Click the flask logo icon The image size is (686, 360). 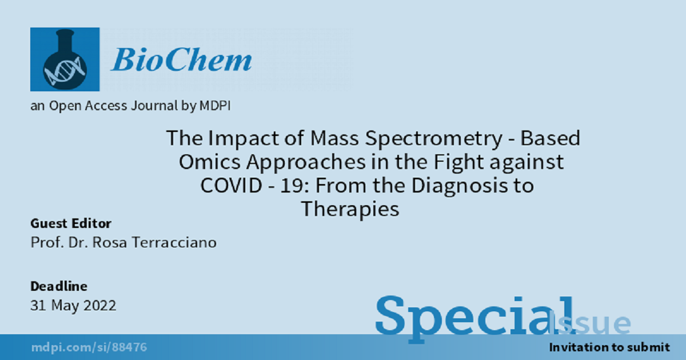tap(65, 59)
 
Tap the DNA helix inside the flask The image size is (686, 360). tap(64, 71)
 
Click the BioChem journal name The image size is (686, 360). tap(181, 59)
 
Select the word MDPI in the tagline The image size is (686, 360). tap(215, 106)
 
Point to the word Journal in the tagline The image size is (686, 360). tap(154, 106)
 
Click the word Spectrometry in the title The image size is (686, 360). tap(434, 139)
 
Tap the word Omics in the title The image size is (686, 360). tap(210, 162)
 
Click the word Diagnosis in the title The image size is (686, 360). tap(460, 186)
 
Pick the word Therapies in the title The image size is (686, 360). tap(350, 210)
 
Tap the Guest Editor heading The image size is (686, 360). tap(71, 223)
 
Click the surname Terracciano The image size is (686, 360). tap(174, 243)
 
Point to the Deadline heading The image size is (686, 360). tap(59, 286)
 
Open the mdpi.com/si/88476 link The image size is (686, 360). tap(89, 347)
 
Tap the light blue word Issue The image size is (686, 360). tap(589, 323)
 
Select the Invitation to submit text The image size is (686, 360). tap(609, 347)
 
